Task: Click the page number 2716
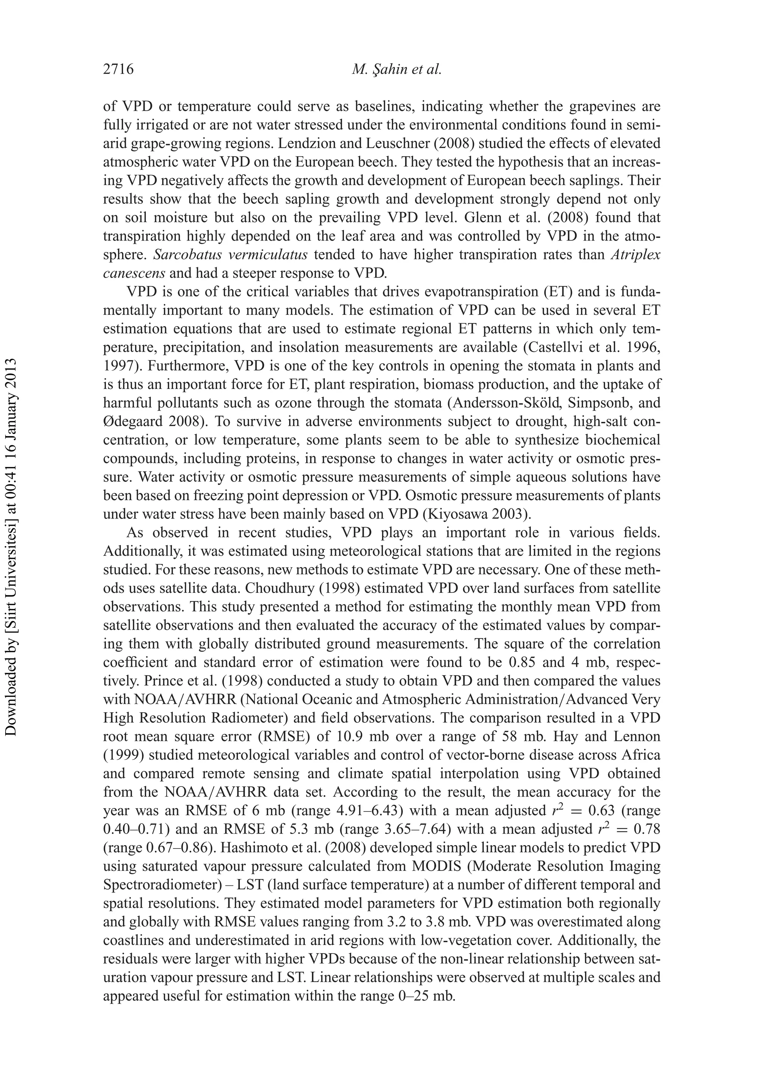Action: pyautogui.click(x=119, y=70)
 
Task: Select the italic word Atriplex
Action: pyautogui.click(x=639, y=255)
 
